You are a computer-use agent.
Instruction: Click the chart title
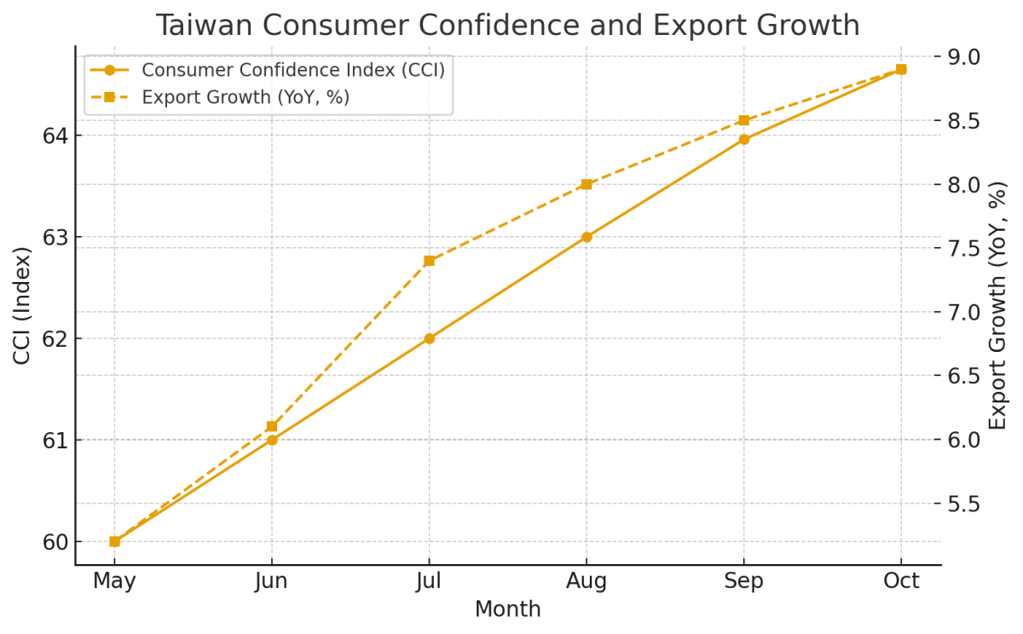click(x=507, y=26)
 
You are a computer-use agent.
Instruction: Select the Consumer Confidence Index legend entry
click(x=292, y=70)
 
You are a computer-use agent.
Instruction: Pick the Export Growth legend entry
click(x=246, y=97)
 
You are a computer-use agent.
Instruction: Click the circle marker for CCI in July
click(x=429, y=338)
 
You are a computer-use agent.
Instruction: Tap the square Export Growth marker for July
click(x=429, y=261)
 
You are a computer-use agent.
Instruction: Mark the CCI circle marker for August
click(x=587, y=237)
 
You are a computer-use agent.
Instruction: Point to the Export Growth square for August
click(x=587, y=184)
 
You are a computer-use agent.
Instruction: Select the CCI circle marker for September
click(x=744, y=139)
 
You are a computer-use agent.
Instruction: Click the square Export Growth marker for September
click(x=744, y=120)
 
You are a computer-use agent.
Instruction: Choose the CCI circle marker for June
click(x=272, y=440)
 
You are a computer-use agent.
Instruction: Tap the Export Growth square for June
click(x=272, y=426)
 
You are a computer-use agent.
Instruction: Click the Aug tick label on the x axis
click(x=587, y=582)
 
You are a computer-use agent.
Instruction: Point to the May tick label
click(x=114, y=582)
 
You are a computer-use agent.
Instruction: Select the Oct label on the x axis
click(x=901, y=582)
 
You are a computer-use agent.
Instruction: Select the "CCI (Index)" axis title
click(x=22, y=305)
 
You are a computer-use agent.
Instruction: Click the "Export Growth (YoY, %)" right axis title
click(x=998, y=305)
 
